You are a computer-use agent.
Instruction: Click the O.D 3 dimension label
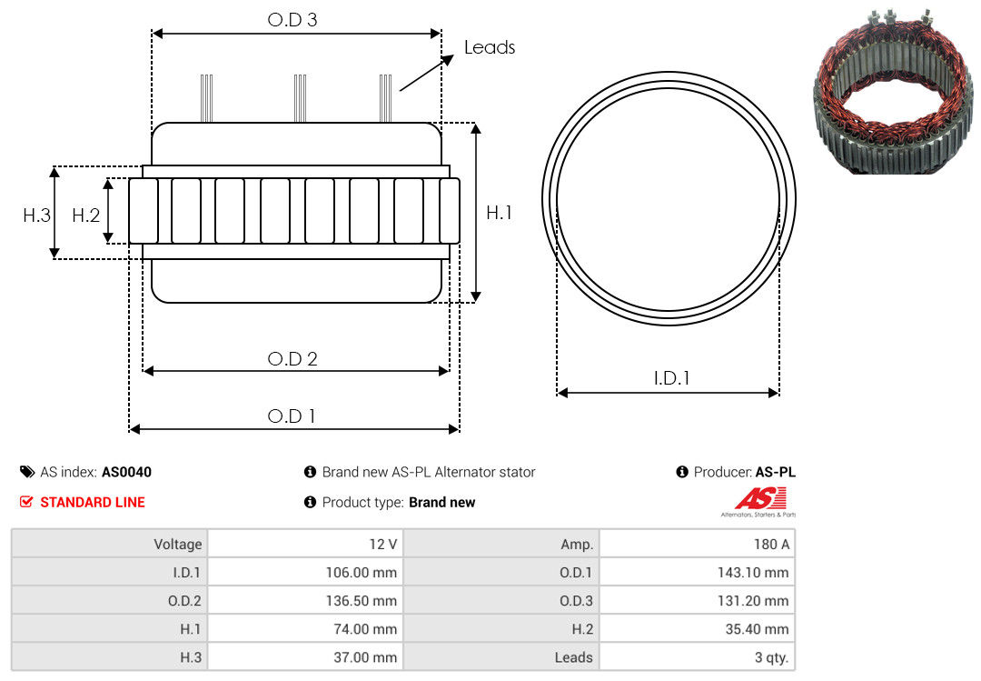pos(292,20)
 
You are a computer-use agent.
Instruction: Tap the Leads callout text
pos(490,47)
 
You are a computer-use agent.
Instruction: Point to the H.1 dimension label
pos(500,213)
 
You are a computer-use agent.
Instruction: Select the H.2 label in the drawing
pos(85,215)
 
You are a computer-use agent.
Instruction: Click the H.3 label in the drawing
pos(37,215)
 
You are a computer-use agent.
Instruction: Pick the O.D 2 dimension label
pos(292,359)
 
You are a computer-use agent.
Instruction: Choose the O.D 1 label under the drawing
pos(292,416)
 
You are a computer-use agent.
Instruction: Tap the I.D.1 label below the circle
pos(671,378)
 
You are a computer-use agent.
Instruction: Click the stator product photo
pos(895,92)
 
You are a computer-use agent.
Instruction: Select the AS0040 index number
pos(126,473)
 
